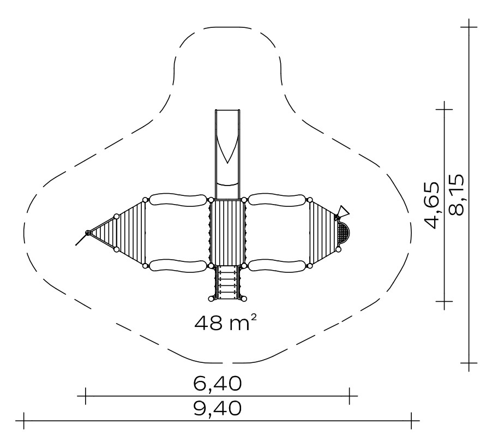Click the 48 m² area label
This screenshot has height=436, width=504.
coord(226,323)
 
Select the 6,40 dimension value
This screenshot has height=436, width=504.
coord(217,384)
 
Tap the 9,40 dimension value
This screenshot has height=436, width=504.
coord(217,408)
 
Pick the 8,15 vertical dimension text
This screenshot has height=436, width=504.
coord(456,195)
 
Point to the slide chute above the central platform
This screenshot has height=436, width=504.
coord(227,154)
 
